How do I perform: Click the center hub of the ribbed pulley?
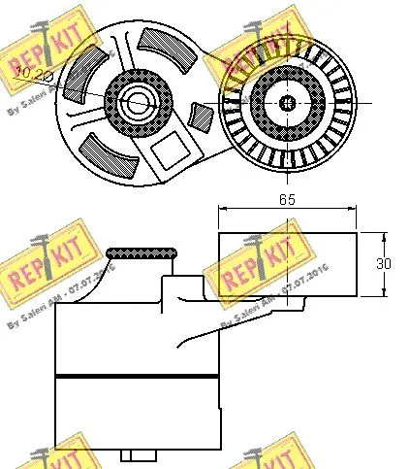coord(287,101)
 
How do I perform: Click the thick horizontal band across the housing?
coord(136,375)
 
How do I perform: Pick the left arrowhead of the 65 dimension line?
coord(222,208)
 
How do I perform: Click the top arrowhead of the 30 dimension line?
coord(388,236)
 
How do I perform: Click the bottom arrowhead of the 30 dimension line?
coord(388,291)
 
